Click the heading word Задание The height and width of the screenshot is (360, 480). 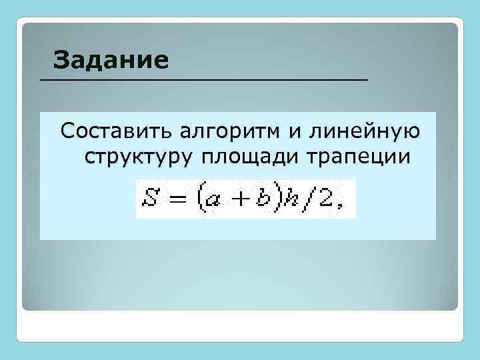coord(111,60)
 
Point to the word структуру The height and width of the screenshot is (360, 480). coord(132,158)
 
